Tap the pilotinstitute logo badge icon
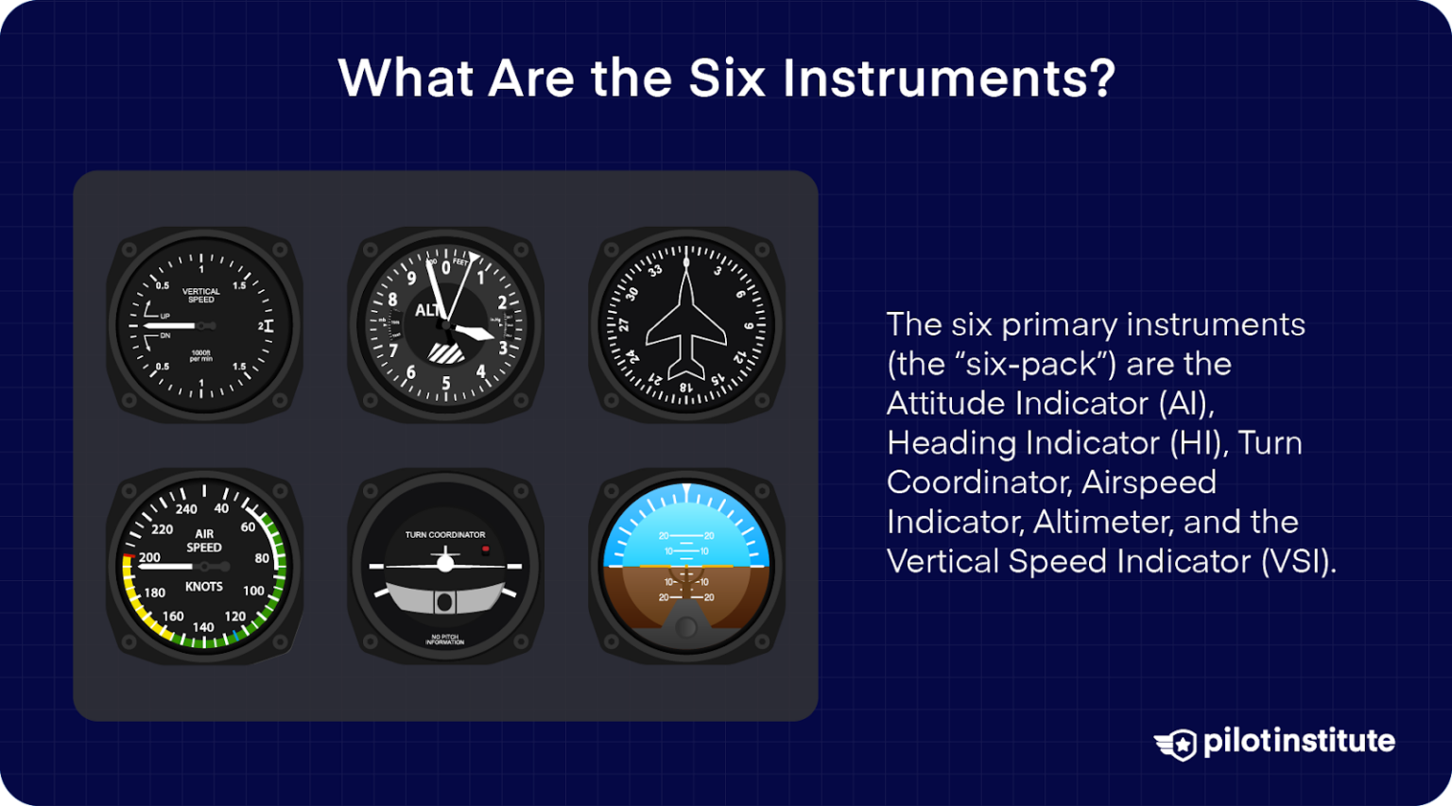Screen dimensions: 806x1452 (x=1176, y=744)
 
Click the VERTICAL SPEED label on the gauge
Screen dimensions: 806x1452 (x=200, y=296)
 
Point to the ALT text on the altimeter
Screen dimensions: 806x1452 (x=428, y=310)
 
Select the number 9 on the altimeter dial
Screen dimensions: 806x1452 (x=411, y=278)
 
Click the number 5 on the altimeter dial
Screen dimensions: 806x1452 (x=446, y=384)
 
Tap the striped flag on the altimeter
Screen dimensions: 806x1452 (x=445, y=352)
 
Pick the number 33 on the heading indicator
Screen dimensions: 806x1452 (x=655, y=271)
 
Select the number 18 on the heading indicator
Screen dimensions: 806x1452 (x=685, y=387)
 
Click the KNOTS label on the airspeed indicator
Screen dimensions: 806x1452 (x=203, y=587)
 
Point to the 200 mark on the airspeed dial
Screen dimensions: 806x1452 (x=149, y=557)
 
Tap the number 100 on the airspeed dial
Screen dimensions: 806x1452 (x=253, y=591)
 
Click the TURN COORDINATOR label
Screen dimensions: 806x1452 (x=445, y=535)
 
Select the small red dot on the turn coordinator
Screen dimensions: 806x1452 (x=485, y=548)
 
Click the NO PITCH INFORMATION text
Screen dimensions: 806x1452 (x=444, y=640)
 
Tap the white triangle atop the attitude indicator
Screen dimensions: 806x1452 (x=686, y=490)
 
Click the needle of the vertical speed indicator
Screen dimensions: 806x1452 (x=170, y=326)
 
